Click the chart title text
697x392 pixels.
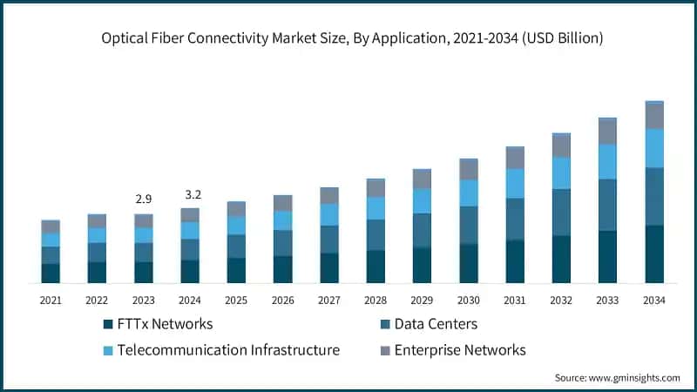[x=352, y=38]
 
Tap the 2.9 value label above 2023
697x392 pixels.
[x=143, y=199]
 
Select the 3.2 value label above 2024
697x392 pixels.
[x=190, y=193]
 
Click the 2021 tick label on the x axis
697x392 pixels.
[x=51, y=300]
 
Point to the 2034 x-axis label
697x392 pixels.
[x=654, y=300]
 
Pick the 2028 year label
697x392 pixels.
[x=376, y=300]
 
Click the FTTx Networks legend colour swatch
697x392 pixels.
[x=108, y=324]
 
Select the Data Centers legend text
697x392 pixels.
[x=436, y=324]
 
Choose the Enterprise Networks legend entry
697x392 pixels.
[x=460, y=350]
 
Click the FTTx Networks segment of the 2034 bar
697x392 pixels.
[x=654, y=254]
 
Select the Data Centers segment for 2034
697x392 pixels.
[x=654, y=196]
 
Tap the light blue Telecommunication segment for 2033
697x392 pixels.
[x=608, y=161]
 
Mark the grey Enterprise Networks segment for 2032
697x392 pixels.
[x=561, y=145]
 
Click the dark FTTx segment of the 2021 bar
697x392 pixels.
[x=51, y=273]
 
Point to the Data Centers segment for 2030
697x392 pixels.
[x=469, y=225]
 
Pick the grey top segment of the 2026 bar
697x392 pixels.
[x=282, y=203]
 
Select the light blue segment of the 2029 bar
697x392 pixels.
[x=422, y=201]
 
